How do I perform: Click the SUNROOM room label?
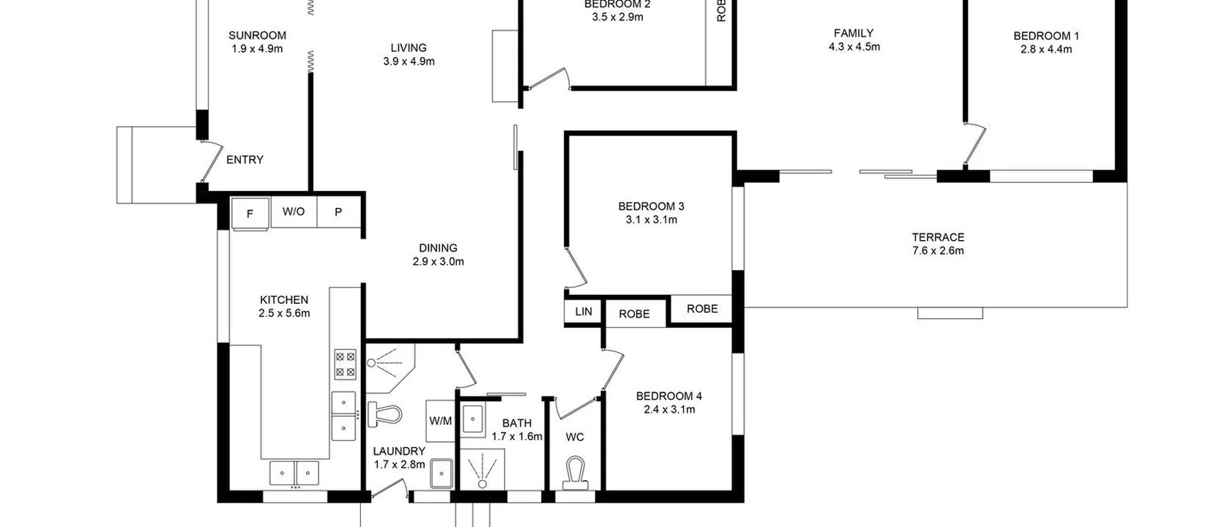coord(257,35)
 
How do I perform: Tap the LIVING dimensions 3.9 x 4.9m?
coord(409,61)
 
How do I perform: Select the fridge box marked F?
coord(250,214)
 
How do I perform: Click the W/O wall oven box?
coord(294,212)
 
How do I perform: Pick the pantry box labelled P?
coord(338,212)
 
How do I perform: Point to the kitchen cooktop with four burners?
coord(345,364)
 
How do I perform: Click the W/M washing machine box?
coord(441,421)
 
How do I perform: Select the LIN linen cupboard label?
coord(584,312)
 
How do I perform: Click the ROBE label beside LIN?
coord(634,314)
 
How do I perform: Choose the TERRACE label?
coord(938,237)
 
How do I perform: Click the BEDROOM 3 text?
coord(651,206)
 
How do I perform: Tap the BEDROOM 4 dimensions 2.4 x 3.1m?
coord(669,409)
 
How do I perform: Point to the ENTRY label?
coord(245,160)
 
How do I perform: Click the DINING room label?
coord(438,248)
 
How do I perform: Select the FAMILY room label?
coord(854,33)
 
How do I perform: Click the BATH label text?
coord(517,423)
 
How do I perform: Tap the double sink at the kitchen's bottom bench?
coord(294,473)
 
